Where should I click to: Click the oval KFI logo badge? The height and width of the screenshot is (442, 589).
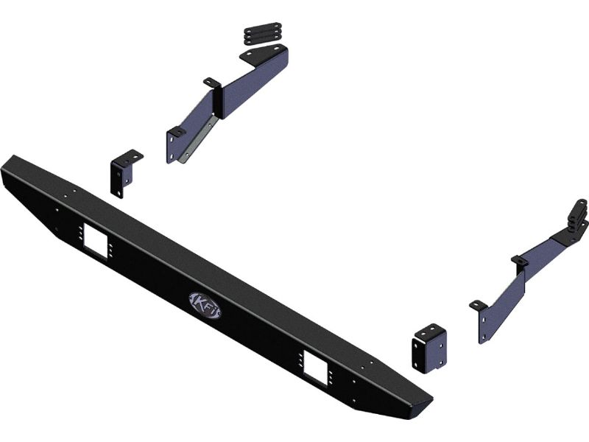click(x=205, y=305)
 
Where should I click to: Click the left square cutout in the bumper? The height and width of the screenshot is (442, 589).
click(x=96, y=241)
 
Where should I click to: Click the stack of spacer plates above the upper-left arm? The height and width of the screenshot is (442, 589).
click(x=263, y=33)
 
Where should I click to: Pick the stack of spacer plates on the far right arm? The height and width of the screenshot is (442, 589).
click(x=579, y=218)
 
